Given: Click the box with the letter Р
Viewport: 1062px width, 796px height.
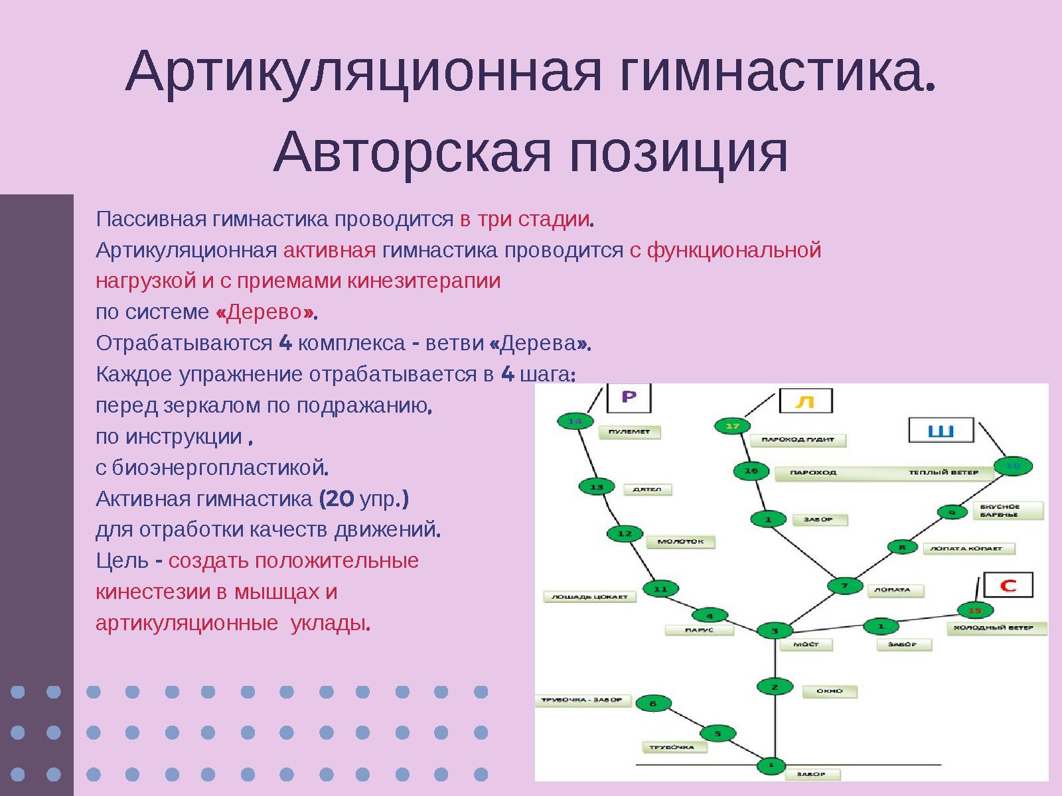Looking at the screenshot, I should [x=629, y=397].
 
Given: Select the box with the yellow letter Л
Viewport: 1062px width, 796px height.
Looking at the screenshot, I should [x=805, y=401].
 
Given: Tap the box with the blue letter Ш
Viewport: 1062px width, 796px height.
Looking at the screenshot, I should [x=941, y=431].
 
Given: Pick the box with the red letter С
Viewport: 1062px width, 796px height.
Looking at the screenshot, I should [x=1008, y=585].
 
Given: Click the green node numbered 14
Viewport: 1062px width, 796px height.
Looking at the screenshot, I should [x=575, y=421].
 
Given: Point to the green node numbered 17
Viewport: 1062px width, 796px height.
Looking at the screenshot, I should [x=732, y=426].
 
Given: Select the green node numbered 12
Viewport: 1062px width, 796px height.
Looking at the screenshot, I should [x=625, y=533].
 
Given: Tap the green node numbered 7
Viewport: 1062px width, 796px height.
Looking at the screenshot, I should [x=844, y=586].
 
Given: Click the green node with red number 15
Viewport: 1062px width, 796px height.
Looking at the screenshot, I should [x=974, y=610].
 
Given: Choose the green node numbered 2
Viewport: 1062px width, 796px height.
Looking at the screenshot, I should [x=774, y=687].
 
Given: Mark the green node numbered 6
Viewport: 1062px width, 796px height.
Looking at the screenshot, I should [x=653, y=704].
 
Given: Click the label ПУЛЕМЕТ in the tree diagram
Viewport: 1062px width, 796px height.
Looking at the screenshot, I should [x=629, y=432].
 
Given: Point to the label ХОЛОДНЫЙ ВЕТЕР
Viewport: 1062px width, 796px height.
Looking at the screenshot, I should [x=996, y=628].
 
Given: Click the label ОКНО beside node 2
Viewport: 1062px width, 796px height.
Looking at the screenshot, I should [x=829, y=691].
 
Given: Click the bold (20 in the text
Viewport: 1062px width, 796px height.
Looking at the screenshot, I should [x=337, y=499].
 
